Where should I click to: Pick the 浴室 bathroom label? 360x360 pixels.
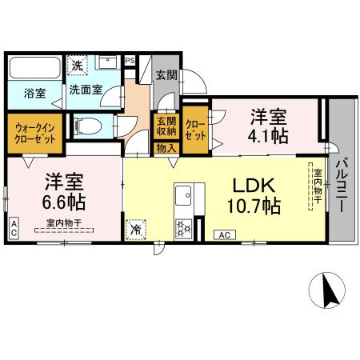pos(34,91)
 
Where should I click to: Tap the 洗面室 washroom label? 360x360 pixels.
pos(84,90)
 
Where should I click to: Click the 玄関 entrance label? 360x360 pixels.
pos(166,77)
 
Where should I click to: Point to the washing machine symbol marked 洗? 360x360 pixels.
pos(78,66)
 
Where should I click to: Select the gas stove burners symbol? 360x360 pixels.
pos(183,226)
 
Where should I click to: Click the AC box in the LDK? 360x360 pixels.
pos(225,234)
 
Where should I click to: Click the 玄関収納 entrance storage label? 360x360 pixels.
pos(166,126)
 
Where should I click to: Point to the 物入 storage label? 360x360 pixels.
pos(166,146)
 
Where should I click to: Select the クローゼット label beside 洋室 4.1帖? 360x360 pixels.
pos(195,127)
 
